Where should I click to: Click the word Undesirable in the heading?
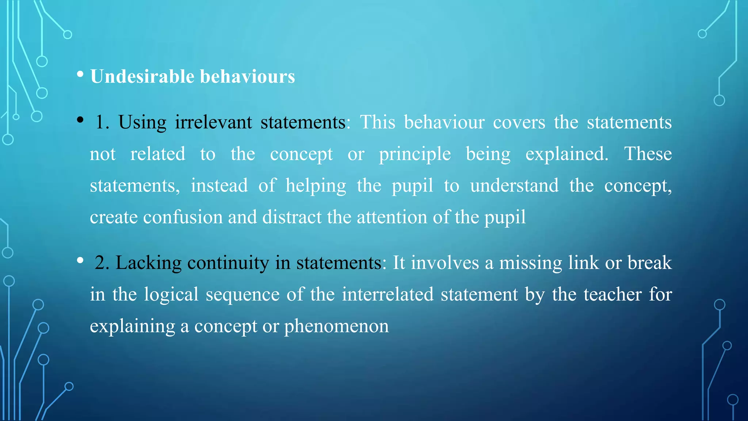142,77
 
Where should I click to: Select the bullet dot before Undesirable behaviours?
80,75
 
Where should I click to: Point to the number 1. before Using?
102,122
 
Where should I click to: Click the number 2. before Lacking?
102,263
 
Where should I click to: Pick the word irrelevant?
213,122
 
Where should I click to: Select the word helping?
316,186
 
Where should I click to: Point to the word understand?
514,186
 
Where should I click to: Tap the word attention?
392,217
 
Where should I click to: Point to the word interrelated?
388,295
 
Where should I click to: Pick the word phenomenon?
336,326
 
